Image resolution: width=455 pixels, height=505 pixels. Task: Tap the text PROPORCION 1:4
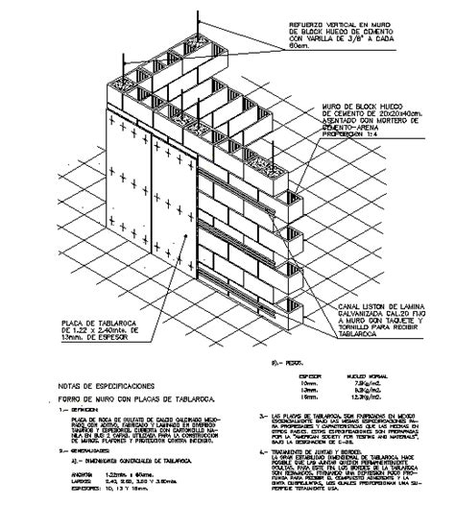[348, 133]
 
